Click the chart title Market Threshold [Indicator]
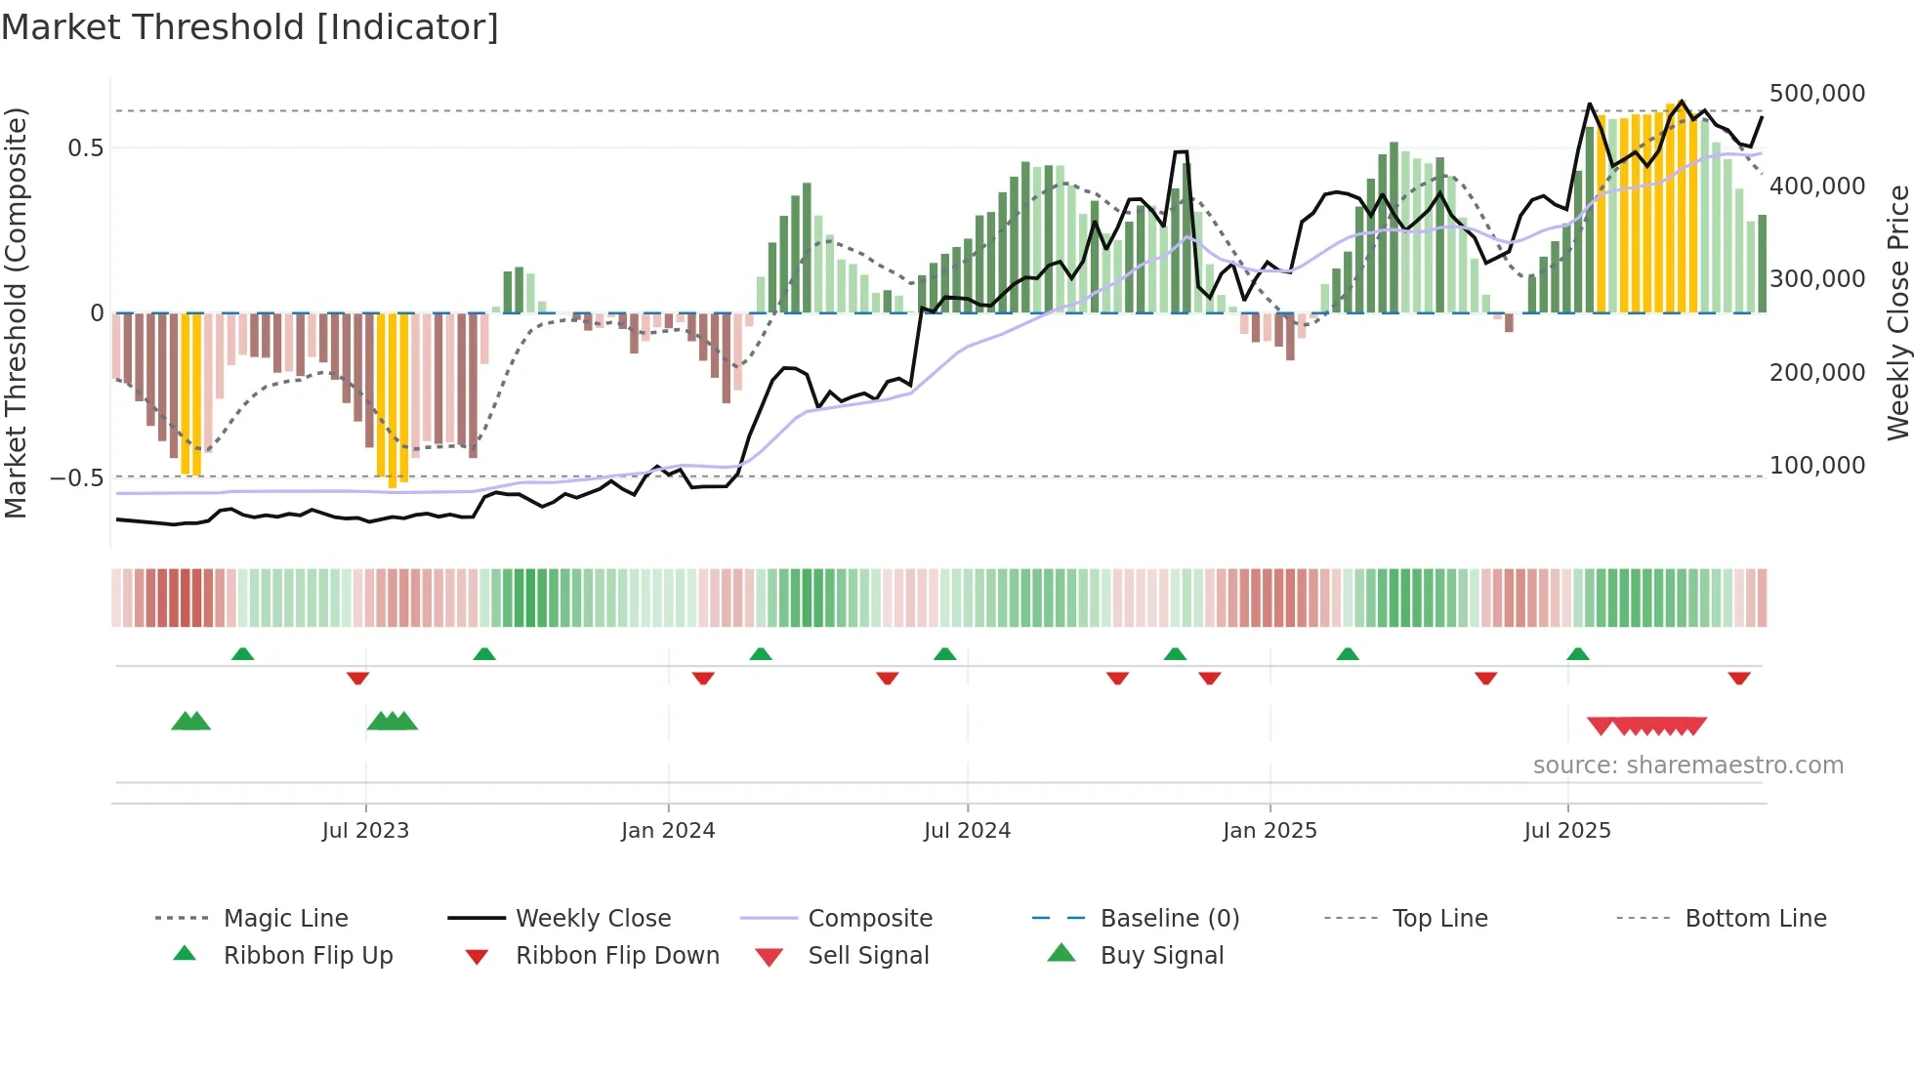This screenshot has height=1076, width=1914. point(250,27)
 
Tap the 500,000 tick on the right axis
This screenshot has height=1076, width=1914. point(1816,94)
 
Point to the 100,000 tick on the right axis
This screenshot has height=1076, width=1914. point(1816,466)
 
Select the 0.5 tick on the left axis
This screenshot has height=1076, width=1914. point(85,148)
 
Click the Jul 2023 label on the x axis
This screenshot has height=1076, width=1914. point(365,831)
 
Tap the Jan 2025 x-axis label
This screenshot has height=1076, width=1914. point(1269,831)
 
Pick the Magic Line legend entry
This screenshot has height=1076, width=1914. point(285,919)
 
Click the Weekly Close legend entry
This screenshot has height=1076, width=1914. point(593,919)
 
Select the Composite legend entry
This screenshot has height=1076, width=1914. point(869,919)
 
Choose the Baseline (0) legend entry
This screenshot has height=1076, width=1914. point(1169,919)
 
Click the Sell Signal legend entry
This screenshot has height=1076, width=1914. point(867,956)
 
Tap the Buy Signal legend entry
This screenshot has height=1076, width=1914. point(1161,956)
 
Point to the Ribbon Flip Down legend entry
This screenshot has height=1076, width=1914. point(617,956)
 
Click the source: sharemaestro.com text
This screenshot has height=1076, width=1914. point(1687,766)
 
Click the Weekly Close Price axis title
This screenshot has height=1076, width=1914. point(1897,312)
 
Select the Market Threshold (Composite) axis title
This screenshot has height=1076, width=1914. point(16,312)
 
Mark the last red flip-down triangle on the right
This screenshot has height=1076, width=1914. point(1738,678)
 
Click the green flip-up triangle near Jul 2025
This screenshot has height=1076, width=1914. point(1578,654)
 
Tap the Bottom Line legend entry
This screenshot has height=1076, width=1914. point(1755,919)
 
